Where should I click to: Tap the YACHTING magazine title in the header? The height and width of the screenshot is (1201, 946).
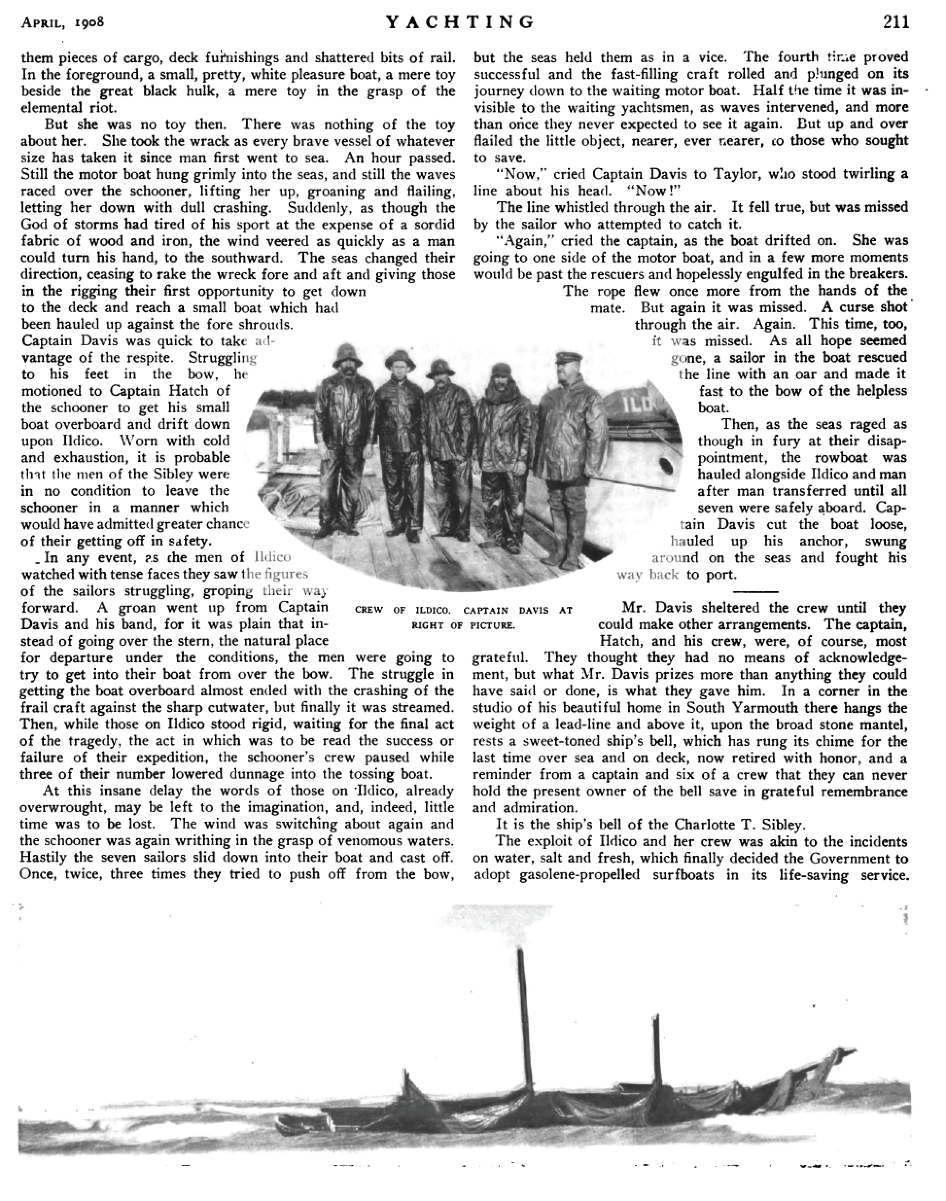[x=460, y=22]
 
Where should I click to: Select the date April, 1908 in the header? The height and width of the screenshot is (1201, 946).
[x=63, y=23]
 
